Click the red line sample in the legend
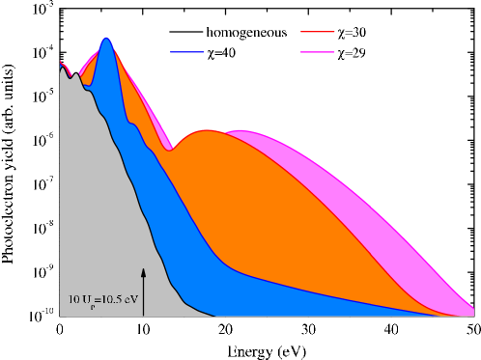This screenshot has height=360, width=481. pos(318,32)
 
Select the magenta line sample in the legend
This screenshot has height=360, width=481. pos(318,51)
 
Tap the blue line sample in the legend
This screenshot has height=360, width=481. pos(186,52)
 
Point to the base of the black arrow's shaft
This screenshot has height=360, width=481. pos(143,315)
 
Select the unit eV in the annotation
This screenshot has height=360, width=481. pos(133,299)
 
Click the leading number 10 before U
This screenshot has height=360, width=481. pos(74,299)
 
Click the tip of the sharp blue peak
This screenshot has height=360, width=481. pos(106,40)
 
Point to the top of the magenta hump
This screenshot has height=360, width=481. pos(239,131)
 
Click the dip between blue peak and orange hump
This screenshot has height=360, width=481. pos(170,150)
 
